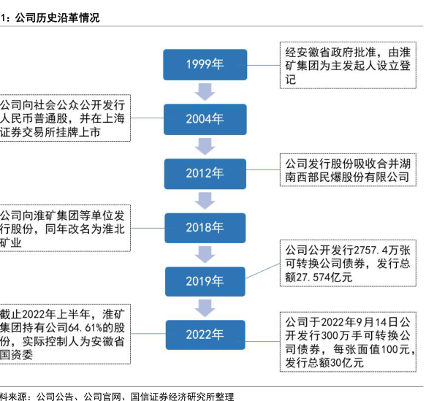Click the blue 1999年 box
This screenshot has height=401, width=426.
pyautogui.click(x=205, y=64)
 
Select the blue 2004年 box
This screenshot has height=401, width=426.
pyautogui.click(x=205, y=119)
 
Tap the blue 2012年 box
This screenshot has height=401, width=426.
pyautogui.click(x=205, y=174)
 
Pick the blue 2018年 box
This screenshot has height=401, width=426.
pyautogui.click(x=205, y=228)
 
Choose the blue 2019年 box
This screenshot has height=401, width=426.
pyautogui.click(x=205, y=281)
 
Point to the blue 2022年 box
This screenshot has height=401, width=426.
pyautogui.click(x=205, y=335)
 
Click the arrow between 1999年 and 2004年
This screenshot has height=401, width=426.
pyautogui.click(x=205, y=92)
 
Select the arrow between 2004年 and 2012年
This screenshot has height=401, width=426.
pyautogui.click(x=205, y=147)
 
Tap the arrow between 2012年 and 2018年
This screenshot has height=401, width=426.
pyautogui.click(x=205, y=201)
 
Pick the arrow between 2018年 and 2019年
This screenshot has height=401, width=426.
pyautogui.click(x=205, y=255)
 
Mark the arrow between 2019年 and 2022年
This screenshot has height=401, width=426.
pyautogui.click(x=205, y=308)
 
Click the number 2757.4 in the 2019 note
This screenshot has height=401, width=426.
pyautogui.click(x=370, y=250)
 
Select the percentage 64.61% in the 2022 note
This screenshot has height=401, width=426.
pyautogui.click(x=85, y=328)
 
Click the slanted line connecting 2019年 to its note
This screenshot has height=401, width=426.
pyautogui.click(x=263, y=271)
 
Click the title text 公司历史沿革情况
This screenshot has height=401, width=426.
pyautogui.click(x=57, y=18)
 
